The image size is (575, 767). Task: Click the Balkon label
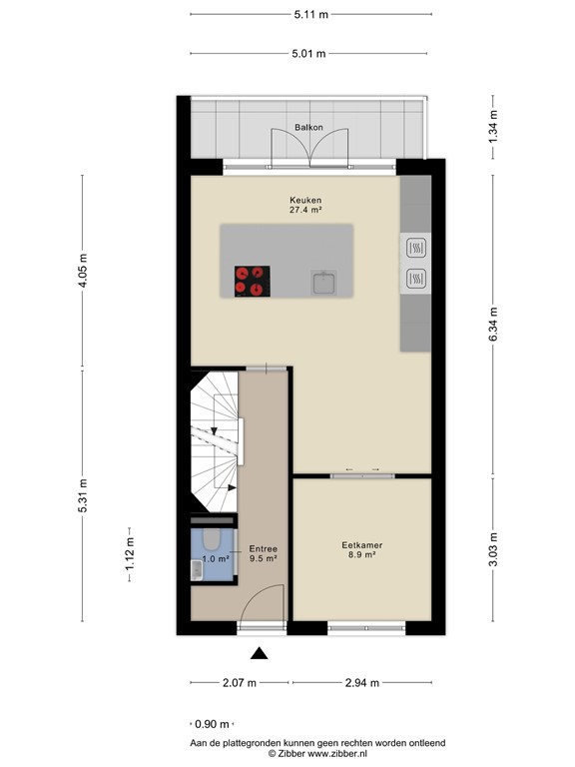click(x=307, y=127)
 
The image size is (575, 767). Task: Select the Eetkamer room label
click(x=362, y=545)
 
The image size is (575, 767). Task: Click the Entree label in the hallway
click(x=264, y=548)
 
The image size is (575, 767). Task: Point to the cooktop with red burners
click(x=252, y=280)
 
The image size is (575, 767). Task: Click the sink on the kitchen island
click(x=324, y=285)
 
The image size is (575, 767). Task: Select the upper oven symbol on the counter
click(x=415, y=246)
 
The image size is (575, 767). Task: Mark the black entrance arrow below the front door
click(x=260, y=654)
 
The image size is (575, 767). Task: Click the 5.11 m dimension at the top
click(x=310, y=14)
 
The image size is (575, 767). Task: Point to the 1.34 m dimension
click(x=494, y=127)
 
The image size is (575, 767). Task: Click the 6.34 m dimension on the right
click(x=494, y=324)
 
